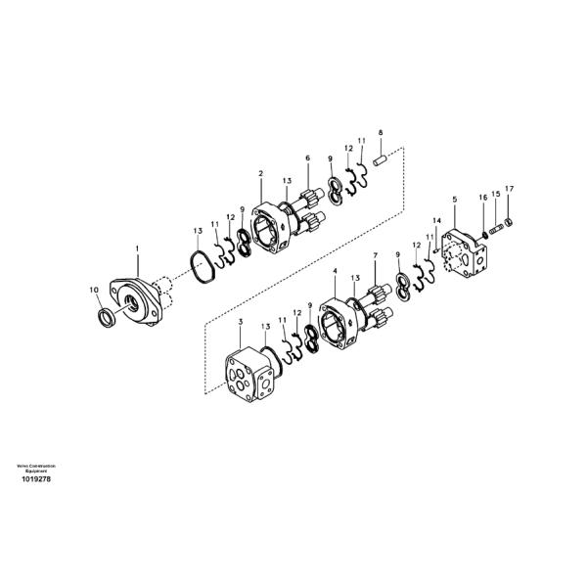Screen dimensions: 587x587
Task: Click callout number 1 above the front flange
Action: tap(137, 250)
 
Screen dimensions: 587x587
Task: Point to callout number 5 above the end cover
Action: tap(454, 200)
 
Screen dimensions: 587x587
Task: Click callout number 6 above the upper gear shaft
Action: tap(307, 158)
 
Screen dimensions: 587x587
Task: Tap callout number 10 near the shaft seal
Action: tap(95, 290)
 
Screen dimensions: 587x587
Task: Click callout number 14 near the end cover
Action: tap(437, 221)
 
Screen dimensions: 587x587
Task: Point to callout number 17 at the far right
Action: tap(508, 188)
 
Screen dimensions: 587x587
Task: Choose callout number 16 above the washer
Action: tap(482, 199)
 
